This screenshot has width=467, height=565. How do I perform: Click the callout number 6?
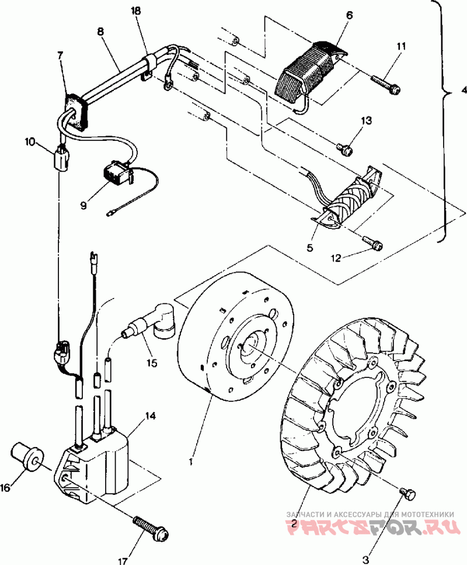(x=349, y=15)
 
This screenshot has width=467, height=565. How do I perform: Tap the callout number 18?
(x=136, y=11)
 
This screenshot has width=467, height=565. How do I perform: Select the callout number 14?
(x=150, y=416)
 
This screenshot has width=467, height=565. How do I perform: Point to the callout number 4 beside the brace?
(x=463, y=90)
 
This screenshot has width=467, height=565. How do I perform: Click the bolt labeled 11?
(x=386, y=84)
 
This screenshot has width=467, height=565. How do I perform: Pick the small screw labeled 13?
(x=344, y=148)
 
